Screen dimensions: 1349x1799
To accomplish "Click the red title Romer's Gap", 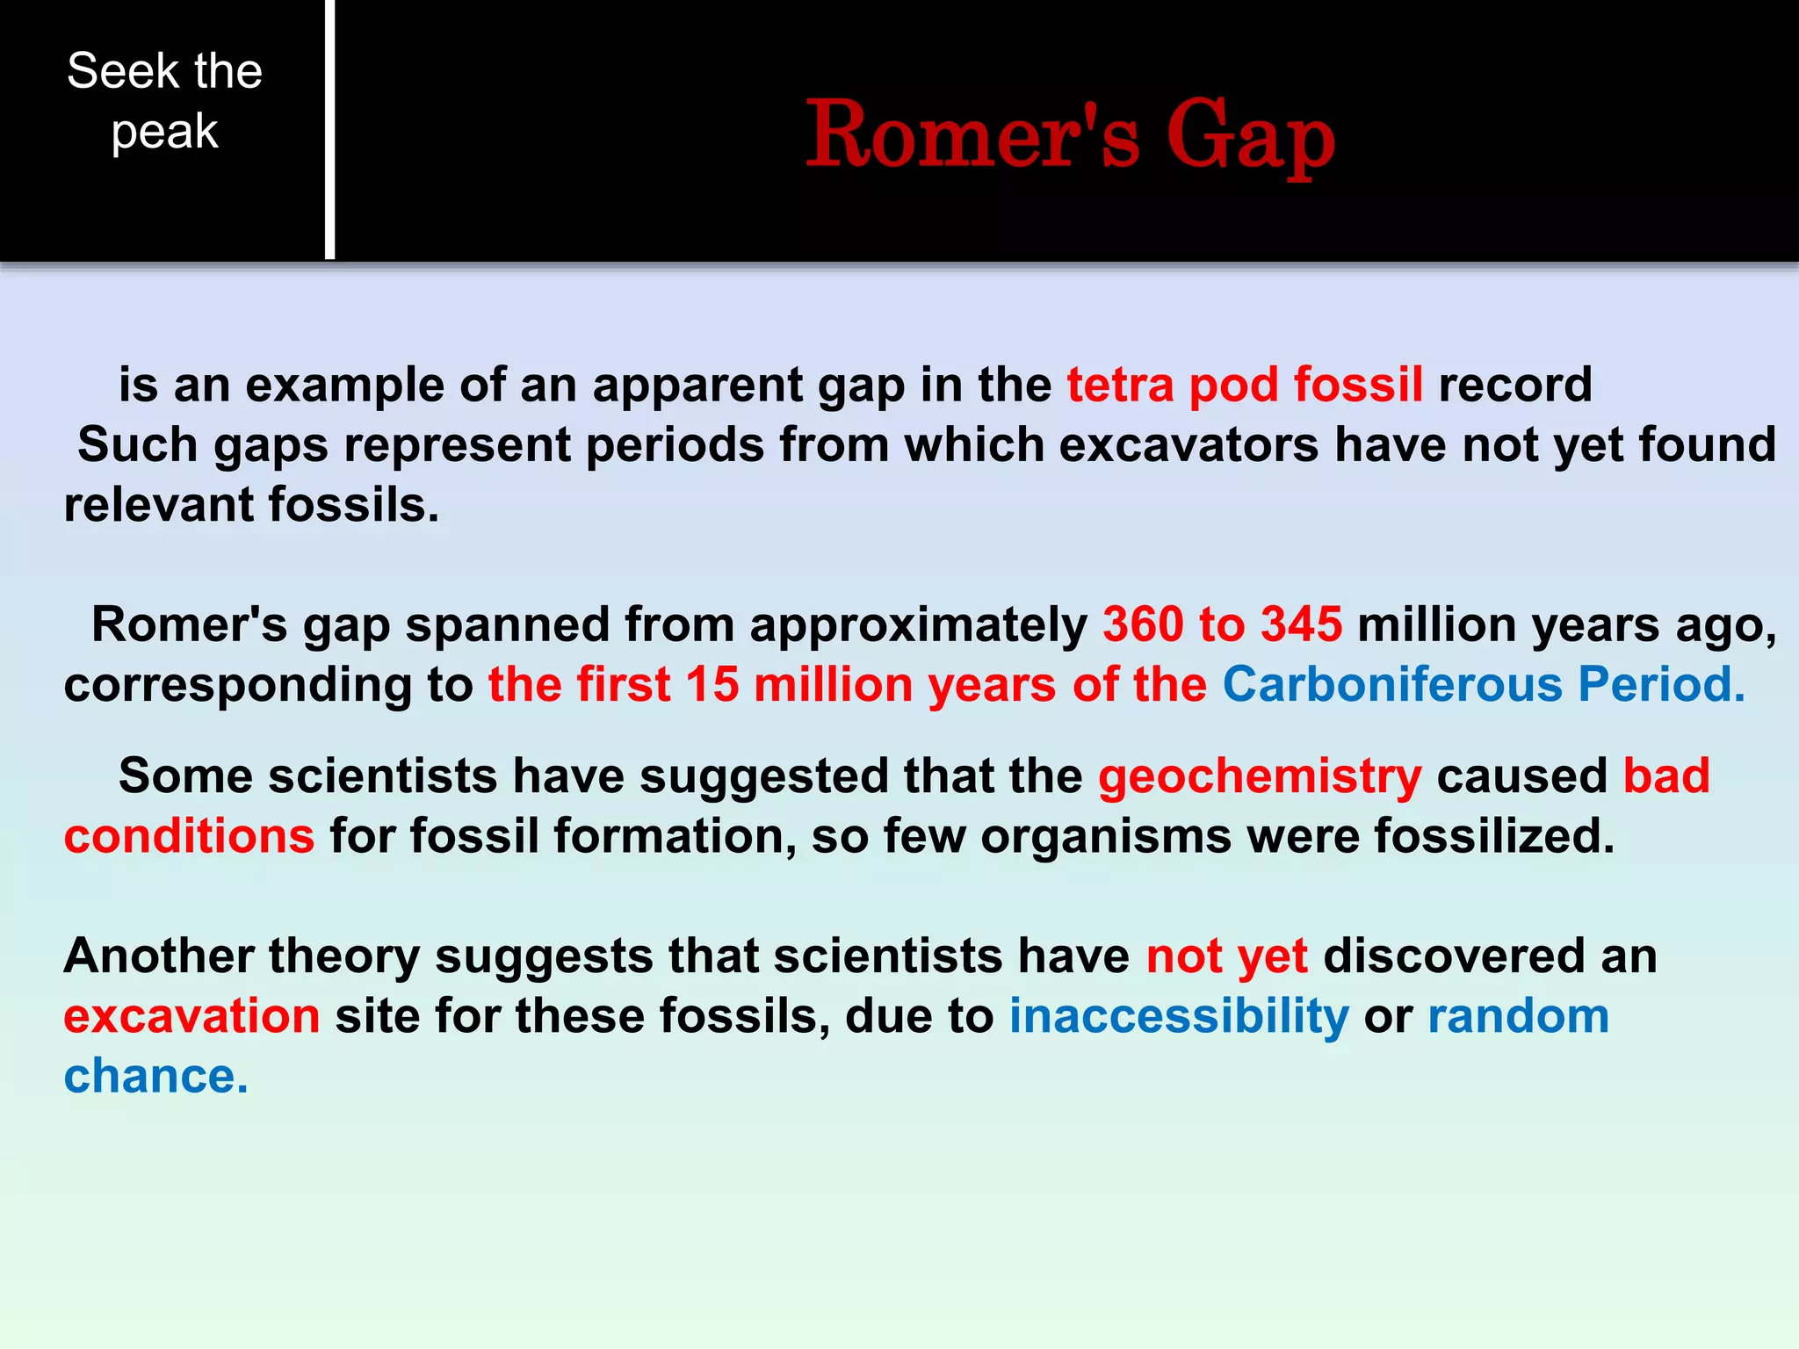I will tap(1070, 134).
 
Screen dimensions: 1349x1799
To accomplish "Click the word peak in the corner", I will tap(164, 133).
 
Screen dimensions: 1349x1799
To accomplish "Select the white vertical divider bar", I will tap(329, 129).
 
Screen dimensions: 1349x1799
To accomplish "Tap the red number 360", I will tap(1142, 624).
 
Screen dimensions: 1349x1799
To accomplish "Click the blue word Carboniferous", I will tap(1392, 684).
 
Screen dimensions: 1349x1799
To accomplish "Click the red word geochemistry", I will tap(1259, 776).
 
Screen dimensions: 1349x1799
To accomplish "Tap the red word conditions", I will tap(189, 836).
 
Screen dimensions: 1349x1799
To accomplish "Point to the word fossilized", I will tap(1494, 836).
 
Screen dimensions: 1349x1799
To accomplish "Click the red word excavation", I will tap(191, 1016).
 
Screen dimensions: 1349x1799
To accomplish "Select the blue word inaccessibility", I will tap(1178, 1016).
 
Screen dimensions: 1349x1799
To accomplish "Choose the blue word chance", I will tap(155, 1076).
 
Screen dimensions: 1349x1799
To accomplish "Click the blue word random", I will tap(1518, 1016).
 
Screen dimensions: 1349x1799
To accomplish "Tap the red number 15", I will tap(712, 684).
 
